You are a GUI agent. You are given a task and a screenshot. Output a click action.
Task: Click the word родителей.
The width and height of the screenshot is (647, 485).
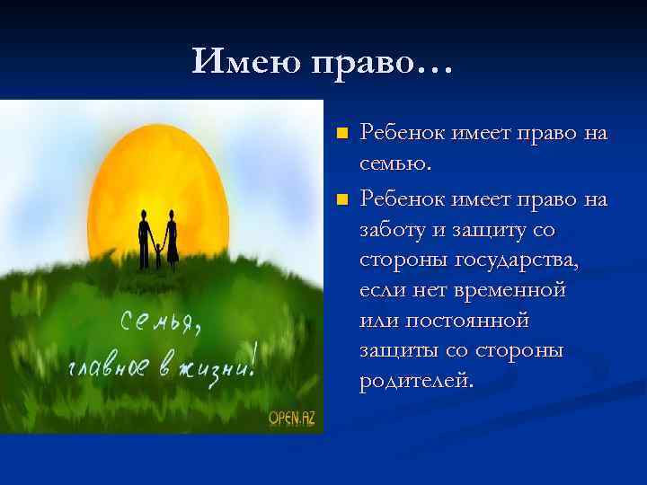[x=415, y=382]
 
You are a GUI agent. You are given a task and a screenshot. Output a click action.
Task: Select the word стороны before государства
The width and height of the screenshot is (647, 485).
[x=401, y=260]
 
